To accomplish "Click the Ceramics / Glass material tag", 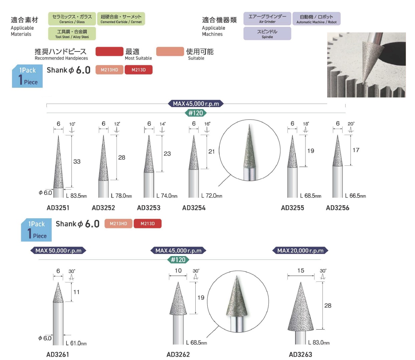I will pos(72,19).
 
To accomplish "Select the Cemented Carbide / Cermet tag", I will pos(121,19).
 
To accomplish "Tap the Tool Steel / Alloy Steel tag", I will pos(72,34).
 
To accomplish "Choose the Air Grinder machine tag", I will pos(267,19).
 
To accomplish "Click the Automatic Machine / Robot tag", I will pos(316,19).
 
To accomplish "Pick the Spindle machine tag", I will pos(267,34).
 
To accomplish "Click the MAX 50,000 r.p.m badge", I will pos(58,250).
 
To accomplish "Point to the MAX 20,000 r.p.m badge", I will pos(300,250).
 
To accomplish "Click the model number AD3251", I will pos(58,208).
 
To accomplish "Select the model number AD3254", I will pos(194,208).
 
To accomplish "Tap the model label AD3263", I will pos(300,354).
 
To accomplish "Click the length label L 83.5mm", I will pos(76,196).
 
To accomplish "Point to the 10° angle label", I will pos(72,124).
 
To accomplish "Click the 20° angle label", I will pos(351,124).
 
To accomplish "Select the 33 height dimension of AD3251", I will pos(77,161).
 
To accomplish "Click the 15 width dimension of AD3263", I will pos(300,270).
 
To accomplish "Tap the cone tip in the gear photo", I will pos(364,82).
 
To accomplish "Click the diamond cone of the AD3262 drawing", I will pos(178,301).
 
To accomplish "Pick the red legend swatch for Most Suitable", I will pos(109,51).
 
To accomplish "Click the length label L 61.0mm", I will pos(76,343).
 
